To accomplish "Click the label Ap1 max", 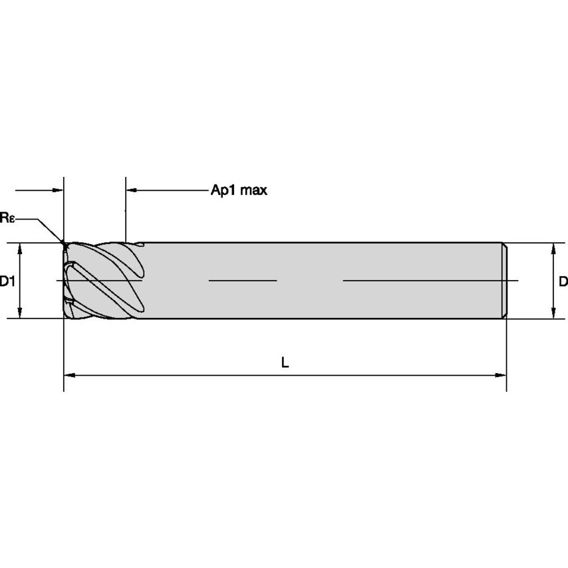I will pos(239,190).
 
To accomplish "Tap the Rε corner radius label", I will pos(7,217).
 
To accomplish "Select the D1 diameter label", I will pos(7,281).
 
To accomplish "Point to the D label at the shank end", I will pos(563,281).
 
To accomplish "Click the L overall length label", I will pos(285,362).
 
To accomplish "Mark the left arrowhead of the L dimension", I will pos(69,375).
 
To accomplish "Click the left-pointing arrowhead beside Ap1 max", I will pos(131,190).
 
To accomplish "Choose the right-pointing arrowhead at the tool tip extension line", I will pos(58,190).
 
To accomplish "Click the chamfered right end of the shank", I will pos(505,281).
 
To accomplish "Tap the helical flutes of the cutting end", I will pos(103,279).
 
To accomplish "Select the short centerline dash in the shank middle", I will pos(242,281).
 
